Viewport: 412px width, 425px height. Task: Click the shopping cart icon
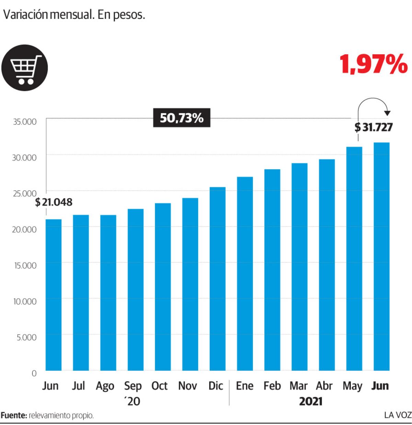point(24,68)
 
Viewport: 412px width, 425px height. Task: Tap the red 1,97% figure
point(374,64)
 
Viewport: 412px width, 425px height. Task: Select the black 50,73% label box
point(182,118)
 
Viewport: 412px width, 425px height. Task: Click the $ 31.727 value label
point(373,127)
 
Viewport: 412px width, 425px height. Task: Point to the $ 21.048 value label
point(54,202)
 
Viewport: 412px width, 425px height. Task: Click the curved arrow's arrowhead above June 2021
point(387,113)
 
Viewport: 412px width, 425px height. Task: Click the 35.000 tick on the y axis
point(25,122)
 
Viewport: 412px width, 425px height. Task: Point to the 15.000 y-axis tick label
point(25,265)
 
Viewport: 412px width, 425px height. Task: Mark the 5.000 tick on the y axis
point(27,337)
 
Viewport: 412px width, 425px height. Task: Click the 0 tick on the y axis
point(34,373)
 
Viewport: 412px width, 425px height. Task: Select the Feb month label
point(272,386)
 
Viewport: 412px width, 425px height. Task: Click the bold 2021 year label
point(311,401)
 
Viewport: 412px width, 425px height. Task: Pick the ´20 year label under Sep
point(133,401)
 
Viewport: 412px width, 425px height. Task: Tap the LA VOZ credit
point(398,415)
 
